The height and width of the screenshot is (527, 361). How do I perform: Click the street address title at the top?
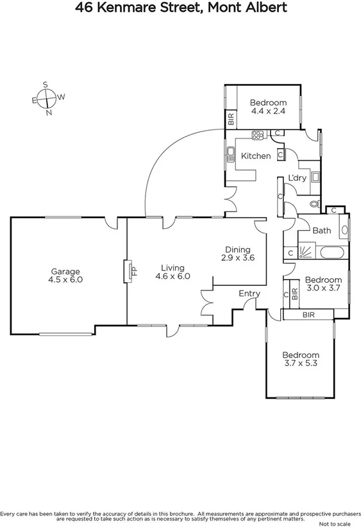(x=180, y=8)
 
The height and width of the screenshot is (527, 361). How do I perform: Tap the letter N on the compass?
(x=49, y=113)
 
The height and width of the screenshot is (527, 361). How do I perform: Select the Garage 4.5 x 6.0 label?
(x=65, y=276)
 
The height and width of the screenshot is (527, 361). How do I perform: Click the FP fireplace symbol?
(x=131, y=271)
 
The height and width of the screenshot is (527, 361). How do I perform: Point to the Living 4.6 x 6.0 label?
(x=173, y=272)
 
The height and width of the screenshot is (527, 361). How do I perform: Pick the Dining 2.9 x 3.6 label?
(x=237, y=254)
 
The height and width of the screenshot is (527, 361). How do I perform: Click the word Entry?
(x=249, y=294)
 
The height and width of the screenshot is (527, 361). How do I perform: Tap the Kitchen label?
(x=255, y=156)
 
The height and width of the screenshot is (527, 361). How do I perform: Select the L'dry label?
(x=296, y=178)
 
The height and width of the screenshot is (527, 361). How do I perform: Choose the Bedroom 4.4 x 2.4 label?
(x=267, y=106)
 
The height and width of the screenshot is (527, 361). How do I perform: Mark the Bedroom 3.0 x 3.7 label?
(x=322, y=284)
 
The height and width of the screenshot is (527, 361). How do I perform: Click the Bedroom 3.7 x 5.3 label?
(x=301, y=360)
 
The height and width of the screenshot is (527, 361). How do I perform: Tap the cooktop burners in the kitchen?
(x=257, y=135)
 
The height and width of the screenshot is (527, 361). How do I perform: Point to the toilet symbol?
(x=314, y=205)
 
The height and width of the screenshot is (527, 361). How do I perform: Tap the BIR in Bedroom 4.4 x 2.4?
(x=230, y=119)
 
